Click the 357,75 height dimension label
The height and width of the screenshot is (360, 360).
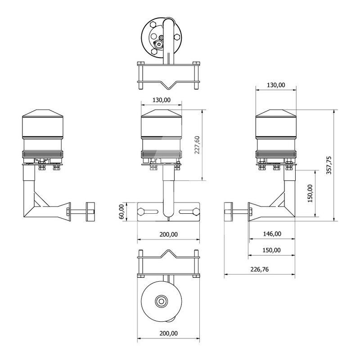[329, 165]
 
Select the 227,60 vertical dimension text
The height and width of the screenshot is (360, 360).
[197, 145]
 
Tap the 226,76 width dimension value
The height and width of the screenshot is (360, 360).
[260, 269]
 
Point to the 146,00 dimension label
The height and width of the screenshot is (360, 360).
[272, 234]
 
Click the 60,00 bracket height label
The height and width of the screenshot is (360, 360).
[121, 211]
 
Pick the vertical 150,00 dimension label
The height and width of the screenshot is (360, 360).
[310, 193]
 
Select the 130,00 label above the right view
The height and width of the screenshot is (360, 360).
[276, 85]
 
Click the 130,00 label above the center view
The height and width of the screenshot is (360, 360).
[162, 100]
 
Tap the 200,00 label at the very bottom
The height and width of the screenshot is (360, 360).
[168, 333]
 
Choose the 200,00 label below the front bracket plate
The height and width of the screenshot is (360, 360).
[168, 234]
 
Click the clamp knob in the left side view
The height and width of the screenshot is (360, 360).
[90, 211]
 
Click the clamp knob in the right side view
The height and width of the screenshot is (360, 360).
[229, 211]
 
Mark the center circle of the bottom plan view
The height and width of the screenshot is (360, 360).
[161, 301]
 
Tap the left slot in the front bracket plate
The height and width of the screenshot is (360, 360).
[148, 211]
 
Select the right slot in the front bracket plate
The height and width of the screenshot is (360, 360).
[189, 211]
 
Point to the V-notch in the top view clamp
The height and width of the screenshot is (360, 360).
[168, 85]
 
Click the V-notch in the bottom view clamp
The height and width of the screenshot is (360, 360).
[168, 254]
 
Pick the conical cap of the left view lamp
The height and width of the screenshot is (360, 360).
[42, 113]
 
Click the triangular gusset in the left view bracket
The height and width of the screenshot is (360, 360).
[40, 199]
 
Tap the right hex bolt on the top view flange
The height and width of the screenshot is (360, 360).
[177, 37]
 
